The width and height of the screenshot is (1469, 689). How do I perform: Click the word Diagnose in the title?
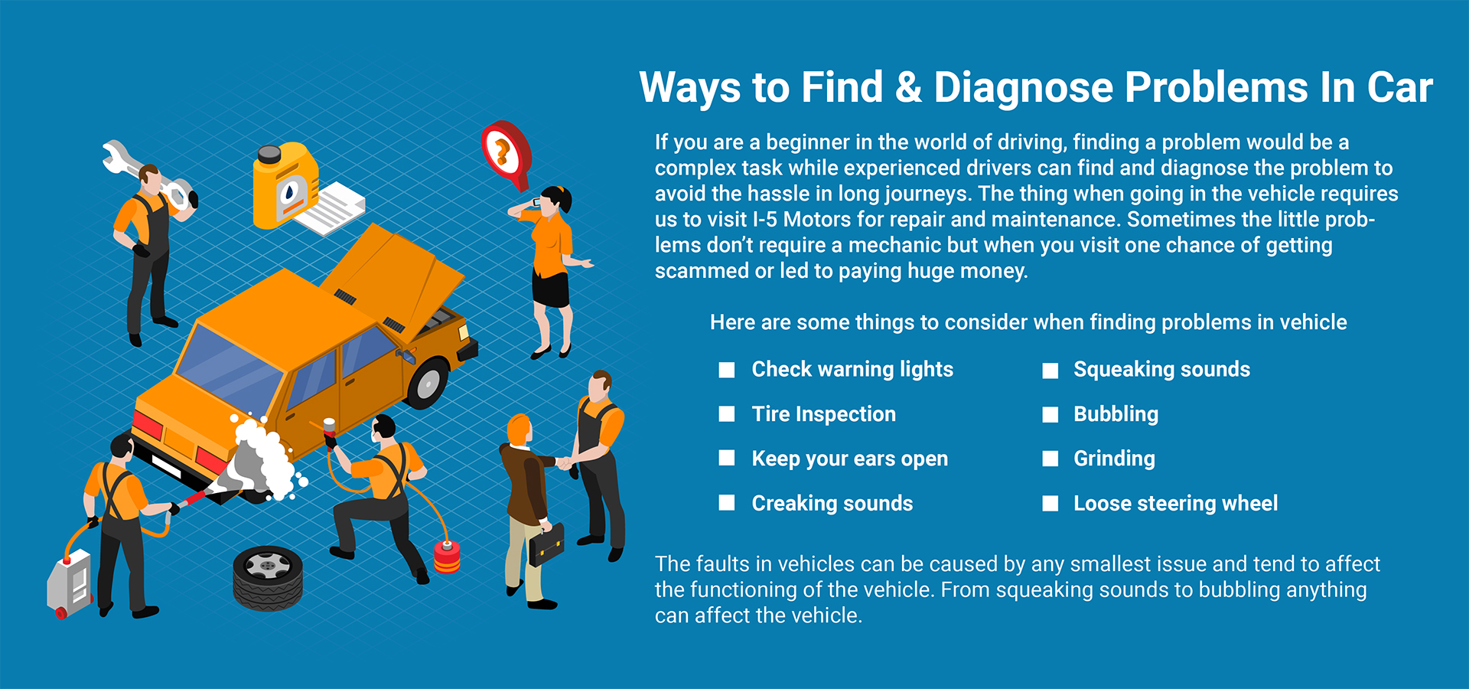pyautogui.click(x=1023, y=88)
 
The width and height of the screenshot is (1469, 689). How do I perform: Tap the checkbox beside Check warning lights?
pyautogui.click(x=727, y=371)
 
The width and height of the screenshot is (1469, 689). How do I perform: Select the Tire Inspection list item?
pyautogui.click(x=823, y=414)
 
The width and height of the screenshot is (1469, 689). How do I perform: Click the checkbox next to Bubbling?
pyautogui.click(x=1050, y=415)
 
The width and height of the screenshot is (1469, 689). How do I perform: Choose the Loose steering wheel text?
pyautogui.click(x=1175, y=504)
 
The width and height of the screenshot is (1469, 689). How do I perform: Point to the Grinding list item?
pyautogui.click(x=1114, y=459)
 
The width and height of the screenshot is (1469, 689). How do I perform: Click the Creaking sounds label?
pyautogui.click(x=832, y=504)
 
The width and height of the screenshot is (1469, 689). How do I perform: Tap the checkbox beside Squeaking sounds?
pyautogui.click(x=1050, y=371)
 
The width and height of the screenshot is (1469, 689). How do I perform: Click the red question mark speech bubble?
pyautogui.click(x=506, y=153)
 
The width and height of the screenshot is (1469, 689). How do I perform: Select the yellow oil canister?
pyautogui.click(x=285, y=185)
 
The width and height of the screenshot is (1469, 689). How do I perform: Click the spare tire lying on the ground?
pyautogui.click(x=268, y=578)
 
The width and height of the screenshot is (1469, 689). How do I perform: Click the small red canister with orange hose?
pyautogui.click(x=447, y=557)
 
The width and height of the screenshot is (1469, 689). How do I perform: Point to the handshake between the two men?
pyautogui.click(x=565, y=462)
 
